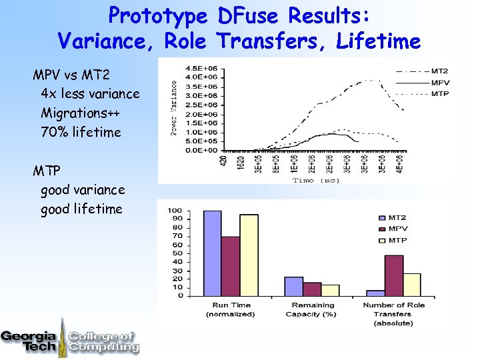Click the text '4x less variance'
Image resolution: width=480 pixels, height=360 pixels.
(x=90, y=93)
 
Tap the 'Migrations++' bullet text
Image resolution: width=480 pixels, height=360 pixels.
(x=81, y=113)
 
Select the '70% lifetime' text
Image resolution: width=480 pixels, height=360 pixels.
(x=81, y=132)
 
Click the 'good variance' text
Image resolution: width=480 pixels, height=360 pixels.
(x=83, y=190)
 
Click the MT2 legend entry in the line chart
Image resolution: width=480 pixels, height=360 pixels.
(x=439, y=71)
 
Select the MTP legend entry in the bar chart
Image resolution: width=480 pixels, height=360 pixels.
(x=398, y=240)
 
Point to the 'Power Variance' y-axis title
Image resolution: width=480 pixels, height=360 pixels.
(x=175, y=108)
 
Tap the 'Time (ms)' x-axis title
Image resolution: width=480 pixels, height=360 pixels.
(x=316, y=180)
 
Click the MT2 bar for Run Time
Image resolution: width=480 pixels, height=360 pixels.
(x=212, y=253)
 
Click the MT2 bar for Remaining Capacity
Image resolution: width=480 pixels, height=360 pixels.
(x=294, y=286)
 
